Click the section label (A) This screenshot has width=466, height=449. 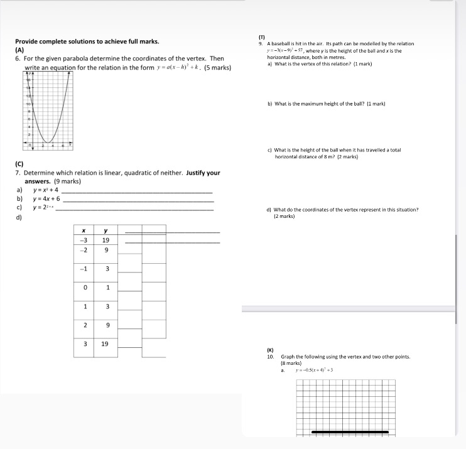[19, 50]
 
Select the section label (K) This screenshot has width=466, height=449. [271, 349]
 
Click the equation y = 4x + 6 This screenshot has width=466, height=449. [46, 198]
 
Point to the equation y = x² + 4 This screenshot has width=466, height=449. [46, 190]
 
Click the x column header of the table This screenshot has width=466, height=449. [84, 231]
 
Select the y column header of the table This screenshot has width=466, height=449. [106, 231]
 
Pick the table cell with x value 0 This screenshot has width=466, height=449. [84, 288]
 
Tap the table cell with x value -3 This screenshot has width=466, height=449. [84, 240]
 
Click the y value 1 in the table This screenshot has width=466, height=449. [106, 288]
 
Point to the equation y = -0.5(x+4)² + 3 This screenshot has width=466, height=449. [310, 371]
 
